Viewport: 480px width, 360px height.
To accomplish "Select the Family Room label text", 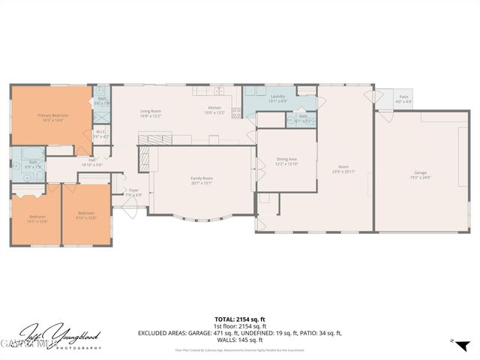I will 202,179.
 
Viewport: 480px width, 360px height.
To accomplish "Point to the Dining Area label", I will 287,160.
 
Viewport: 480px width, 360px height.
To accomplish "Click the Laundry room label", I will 277,98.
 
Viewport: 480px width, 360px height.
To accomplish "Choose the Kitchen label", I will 214,109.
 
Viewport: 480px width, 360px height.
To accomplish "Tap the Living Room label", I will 151,113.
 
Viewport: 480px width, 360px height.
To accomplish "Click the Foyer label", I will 133,192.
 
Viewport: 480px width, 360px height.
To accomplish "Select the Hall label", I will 91,161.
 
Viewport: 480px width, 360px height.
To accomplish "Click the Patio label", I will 403,98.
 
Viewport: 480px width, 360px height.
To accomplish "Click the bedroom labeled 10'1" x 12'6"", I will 37,218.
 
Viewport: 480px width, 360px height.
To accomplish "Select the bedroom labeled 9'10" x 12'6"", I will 85,214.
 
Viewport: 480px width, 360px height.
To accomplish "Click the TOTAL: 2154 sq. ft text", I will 239,319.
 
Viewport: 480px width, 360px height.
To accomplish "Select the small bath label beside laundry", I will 302,118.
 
